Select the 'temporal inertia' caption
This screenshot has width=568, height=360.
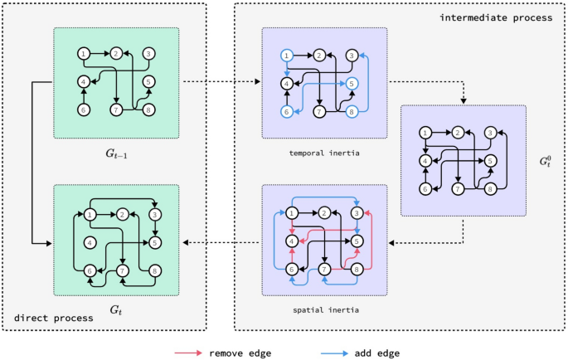pyautogui.click(x=323, y=152)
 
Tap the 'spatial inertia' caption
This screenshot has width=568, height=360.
pyautogui.click(x=323, y=309)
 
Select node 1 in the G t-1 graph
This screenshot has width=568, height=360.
pyautogui.click(x=84, y=54)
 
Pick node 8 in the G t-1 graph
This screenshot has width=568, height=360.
pyautogui.click(x=148, y=109)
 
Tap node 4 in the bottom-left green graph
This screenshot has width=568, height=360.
pyautogui.click(x=90, y=243)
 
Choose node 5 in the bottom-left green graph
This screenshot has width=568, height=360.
pyautogui.click(x=155, y=243)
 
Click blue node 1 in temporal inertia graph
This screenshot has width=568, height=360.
pyautogui.click(x=287, y=56)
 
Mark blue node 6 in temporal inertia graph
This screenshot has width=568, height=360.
pyautogui.click(x=287, y=112)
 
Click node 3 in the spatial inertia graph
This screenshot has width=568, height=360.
pyautogui.click(x=357, y=213)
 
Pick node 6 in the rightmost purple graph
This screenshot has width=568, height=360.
pyautogui.click(x=425, y=189)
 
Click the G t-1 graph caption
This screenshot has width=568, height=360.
pyautogui.click(x=116, y=154)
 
